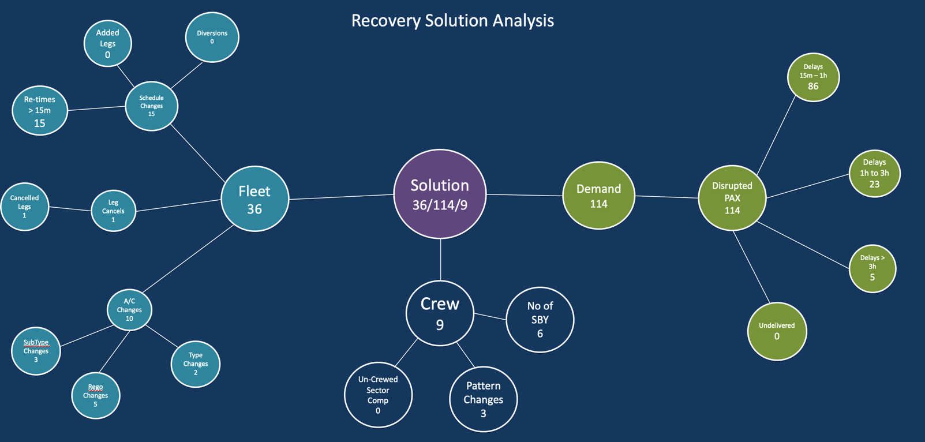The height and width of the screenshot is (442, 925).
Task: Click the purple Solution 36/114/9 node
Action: point(440,194)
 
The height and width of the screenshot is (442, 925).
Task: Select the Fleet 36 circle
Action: point(255,198)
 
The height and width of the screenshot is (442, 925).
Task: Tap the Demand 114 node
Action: point(599,196)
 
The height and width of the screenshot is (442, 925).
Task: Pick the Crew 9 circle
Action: point(440,313)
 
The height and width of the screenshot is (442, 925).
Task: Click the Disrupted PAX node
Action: point(732,198)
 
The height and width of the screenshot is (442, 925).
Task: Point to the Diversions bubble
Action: point(212,37)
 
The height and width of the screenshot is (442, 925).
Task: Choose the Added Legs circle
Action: point(108,43)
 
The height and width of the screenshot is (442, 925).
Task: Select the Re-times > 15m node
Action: point(40,110)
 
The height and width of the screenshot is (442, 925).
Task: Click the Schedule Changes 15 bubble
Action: point(152,106)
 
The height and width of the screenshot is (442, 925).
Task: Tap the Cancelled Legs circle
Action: point(25,207)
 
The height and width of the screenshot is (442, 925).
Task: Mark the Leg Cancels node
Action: point(113,211)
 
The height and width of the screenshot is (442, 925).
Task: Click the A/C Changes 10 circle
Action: point(129,310)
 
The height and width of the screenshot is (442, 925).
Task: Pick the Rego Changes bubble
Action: point(95,395)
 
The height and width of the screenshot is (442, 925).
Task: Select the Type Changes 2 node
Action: point(195,364)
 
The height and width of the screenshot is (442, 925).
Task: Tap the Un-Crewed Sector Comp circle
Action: point(378,395)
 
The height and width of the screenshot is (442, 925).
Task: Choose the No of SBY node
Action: point(540,319)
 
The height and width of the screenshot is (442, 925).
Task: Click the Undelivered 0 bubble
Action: point(777,331)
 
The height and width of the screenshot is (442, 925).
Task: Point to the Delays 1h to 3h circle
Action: point(875,173)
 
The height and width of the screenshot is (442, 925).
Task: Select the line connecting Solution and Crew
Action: point(441,260)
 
